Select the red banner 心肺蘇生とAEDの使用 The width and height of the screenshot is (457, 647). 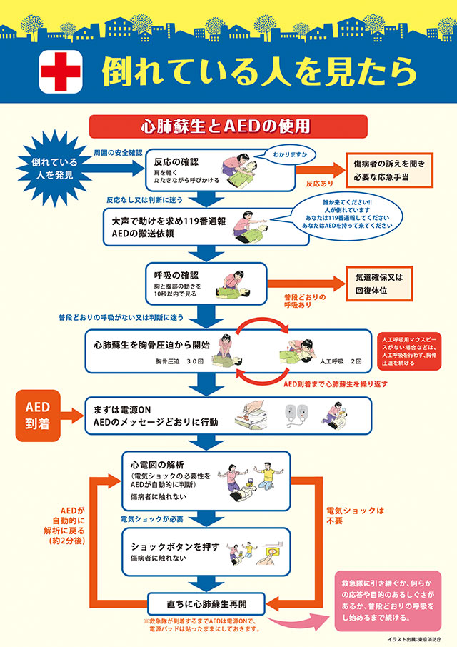click(228, 126)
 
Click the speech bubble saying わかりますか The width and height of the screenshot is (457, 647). click(286, 154)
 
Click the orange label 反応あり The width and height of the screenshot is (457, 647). click(320, 184)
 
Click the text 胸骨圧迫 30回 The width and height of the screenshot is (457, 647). click(180, 361)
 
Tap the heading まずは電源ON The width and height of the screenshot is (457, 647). click(124, 410)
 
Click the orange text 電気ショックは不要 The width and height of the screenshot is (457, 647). click(355, 516)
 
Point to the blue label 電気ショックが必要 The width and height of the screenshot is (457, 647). click(151, 518)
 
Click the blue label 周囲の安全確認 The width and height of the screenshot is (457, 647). click(118, 153)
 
